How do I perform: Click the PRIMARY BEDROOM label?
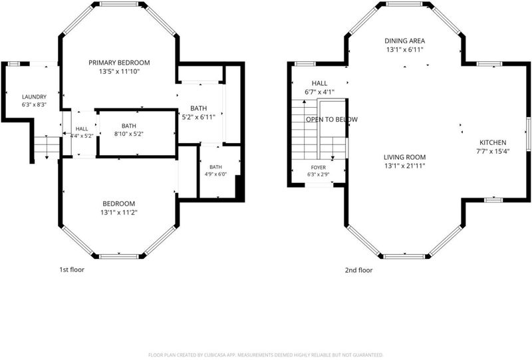119,63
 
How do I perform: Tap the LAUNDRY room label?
35,97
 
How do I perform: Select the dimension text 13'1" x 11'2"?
119,212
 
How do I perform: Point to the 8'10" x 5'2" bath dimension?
129,134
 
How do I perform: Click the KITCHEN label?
493,142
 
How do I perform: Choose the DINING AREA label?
404,41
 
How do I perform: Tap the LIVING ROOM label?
404,157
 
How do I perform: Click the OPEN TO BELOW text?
332,120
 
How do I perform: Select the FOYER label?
319,168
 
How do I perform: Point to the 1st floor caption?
72,270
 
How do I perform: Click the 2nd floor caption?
358,270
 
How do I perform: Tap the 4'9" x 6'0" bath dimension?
215,174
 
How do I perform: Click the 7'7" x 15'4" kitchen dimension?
493,152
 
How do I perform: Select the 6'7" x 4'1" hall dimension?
320,92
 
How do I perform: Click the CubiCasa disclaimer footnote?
265,355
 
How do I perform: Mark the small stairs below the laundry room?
47,148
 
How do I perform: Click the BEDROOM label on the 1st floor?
119,204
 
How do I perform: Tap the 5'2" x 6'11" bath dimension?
198,118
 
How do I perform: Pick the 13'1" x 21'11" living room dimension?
404,166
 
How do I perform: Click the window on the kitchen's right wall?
528,134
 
